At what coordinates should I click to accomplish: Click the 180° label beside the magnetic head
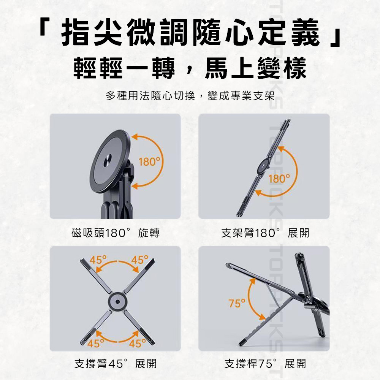[149, 161]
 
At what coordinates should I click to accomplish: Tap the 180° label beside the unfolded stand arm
[279, 179]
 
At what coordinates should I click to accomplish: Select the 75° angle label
[237, 303]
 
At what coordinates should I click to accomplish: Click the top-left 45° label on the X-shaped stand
[98, 260]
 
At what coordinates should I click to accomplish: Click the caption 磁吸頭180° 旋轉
[116, 233]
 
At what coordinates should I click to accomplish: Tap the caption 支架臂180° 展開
[265, 233]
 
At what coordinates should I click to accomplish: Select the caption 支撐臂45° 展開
[116, 364]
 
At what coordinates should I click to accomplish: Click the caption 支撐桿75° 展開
[265, 364]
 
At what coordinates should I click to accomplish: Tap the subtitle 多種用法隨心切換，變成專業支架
[190, 96]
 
